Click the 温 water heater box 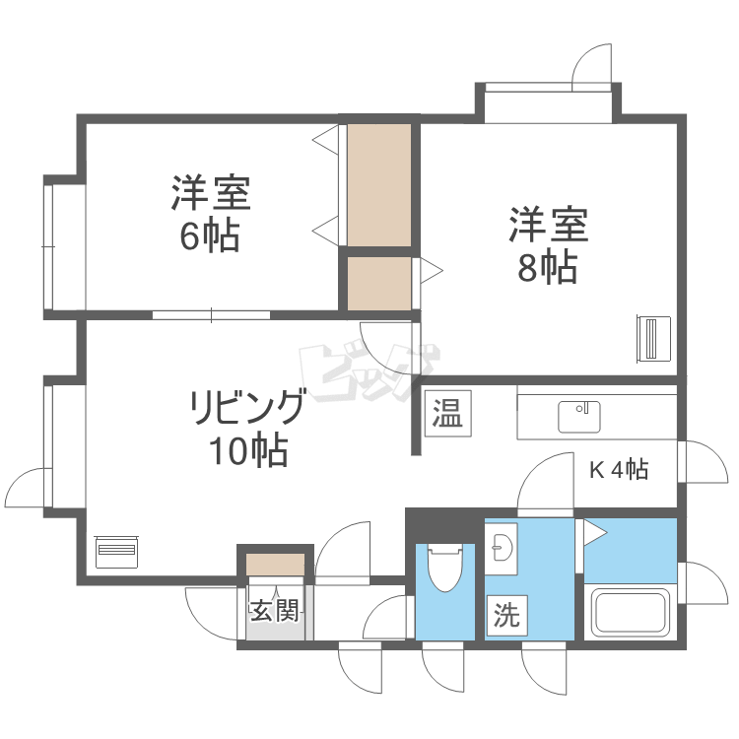point(447,413)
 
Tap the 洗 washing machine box point(507,616)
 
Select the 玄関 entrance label point(275,611)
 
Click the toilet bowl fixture point(444,567)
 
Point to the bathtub point(631,613)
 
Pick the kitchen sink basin point(579,417)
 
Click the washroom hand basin point(502,549)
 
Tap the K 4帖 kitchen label point(620,469)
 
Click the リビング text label point(247,406)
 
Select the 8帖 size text point(548,267)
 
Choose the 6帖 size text point(210,235)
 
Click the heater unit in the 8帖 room point(653,339)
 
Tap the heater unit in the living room point(116,552)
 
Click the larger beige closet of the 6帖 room point(379,185)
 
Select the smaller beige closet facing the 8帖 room point(379,284)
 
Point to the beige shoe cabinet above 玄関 point(275,565)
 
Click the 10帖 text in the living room point(249,450)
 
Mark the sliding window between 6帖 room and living point(211,315)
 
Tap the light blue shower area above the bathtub point(631,551)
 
